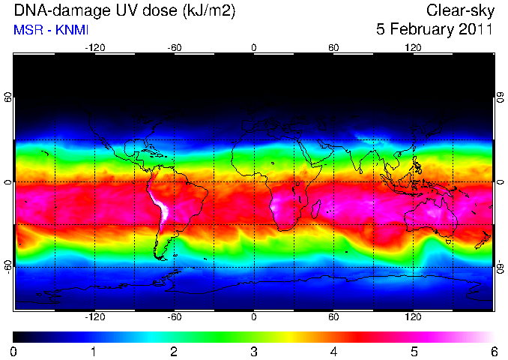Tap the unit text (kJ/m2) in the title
click(x=209, y=12)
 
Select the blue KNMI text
click(x=72, y=30)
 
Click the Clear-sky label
click(x=460, y=11)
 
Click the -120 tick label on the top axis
click(x=95, y=48)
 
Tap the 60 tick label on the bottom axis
click(x=333, y=316)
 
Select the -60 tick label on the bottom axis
click(x=175, y=316)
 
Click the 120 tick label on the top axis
click(x=413, y=48)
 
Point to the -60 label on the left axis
click(x=7, y=267)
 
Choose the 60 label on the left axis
click(x=7, y=97)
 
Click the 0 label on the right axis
click(x=501, y=182)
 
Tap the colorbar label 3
click(x=254, y=352)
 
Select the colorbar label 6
click(x=494, y=352)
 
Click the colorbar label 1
click(x=94, y=352)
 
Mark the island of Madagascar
click(x=316, y=208)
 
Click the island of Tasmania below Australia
click(x=448, y=242)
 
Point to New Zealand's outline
click(x=483, y=240)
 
